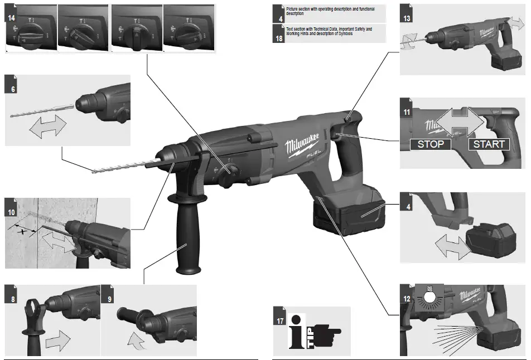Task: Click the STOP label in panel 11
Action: coord(431,144)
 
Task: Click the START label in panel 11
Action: coord(489,144)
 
